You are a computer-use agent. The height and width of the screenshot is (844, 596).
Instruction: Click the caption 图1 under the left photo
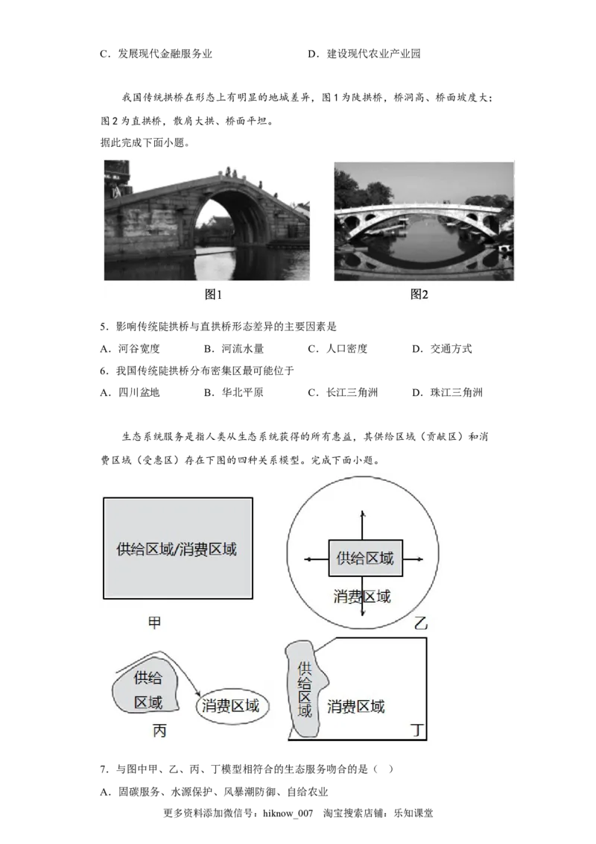click(214, 295)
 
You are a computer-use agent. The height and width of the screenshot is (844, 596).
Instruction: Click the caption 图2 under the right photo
click(419, 295)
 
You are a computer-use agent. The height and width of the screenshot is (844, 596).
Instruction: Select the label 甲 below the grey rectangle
click(154, 623)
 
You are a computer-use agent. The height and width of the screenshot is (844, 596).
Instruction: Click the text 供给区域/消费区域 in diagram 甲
click(177, 549)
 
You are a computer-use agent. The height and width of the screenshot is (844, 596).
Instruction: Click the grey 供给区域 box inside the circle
click(365, 558)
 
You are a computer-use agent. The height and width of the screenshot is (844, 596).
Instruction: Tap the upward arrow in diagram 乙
click(363, 522)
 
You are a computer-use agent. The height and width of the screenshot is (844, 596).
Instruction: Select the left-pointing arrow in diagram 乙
click(313, 558)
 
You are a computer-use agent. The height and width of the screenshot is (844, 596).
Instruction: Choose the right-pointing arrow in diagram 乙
click(414, 558)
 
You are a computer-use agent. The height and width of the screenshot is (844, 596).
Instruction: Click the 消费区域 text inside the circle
click(362, 596)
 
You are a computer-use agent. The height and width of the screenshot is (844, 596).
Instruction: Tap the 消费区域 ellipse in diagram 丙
click(232, 706)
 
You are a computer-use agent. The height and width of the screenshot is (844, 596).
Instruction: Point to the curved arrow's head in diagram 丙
click(198, 691)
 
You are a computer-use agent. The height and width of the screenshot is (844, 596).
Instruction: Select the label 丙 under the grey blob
click(159, 731)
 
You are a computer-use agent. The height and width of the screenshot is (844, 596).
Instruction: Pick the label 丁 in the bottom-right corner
click(419, 731)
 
